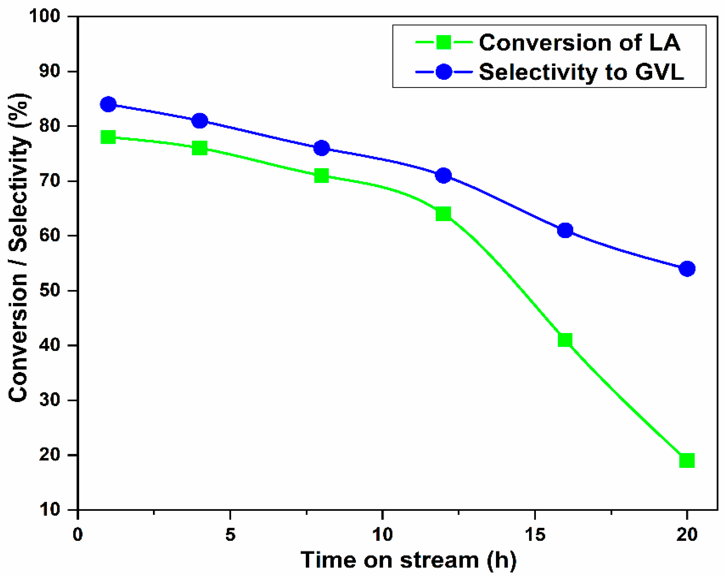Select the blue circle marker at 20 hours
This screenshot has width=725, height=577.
click(687, 268)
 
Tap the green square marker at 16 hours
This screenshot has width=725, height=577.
click(565, 340)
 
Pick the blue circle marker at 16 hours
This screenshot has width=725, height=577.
click(565, 230)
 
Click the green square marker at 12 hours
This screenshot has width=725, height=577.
click(443, 214)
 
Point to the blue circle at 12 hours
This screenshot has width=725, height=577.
click(443, 175)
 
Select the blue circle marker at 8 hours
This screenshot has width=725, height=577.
click(321, 148)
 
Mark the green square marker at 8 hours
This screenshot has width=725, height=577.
click(321, 175)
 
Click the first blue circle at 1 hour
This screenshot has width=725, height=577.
click(108, 104)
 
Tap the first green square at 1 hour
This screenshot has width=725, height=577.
click(108, 137)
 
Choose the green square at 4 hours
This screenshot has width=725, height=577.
click(200, 148)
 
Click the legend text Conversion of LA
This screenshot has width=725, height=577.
click(579, 43)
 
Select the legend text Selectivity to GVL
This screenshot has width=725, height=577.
click(581, 72)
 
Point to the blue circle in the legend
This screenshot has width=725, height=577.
click(443, 72)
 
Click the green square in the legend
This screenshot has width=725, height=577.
click(443, 42)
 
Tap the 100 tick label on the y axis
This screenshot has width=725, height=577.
click(45, 16)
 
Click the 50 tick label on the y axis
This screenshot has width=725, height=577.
click(49, 290)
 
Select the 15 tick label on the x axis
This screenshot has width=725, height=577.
click(535, 534)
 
